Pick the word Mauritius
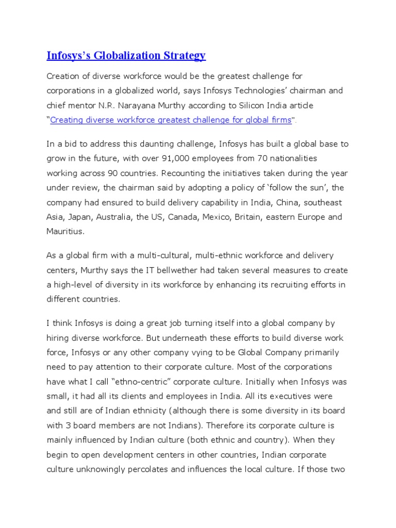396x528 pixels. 65,232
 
